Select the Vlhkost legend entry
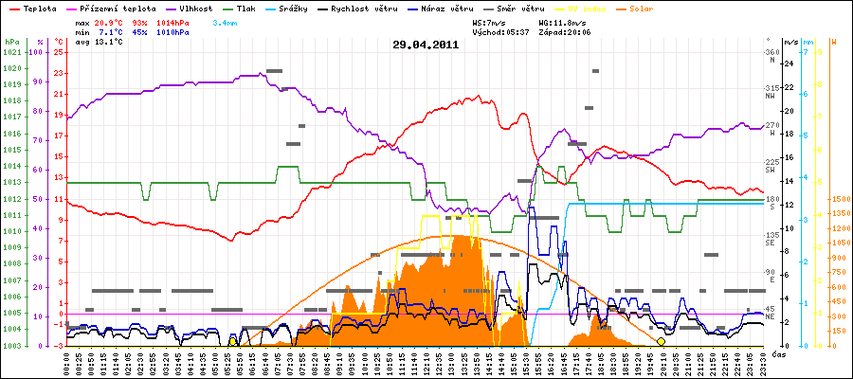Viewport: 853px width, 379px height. (x=193, y=8)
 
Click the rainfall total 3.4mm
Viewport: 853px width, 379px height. (x=226, y=21)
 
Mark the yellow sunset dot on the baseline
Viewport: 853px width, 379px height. (x=661, y=341)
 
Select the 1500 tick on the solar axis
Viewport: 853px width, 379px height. (x=840, y=200)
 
